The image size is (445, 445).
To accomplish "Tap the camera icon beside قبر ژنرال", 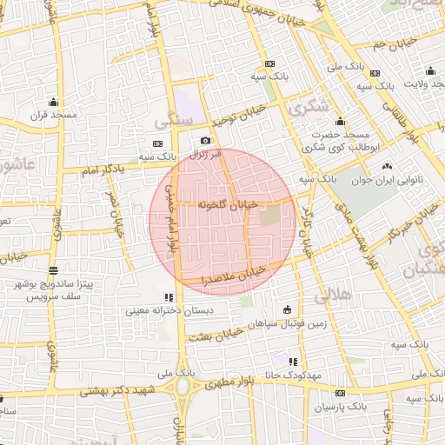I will coord(205,141).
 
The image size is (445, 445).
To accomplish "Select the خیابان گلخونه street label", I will coord(229,203).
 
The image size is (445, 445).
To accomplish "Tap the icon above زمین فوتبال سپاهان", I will coord(288,309).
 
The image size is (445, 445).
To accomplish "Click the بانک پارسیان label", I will coord(335,407).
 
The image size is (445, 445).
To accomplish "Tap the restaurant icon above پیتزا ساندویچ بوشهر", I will coord(54,270).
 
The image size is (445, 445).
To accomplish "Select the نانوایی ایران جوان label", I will coord(387,180).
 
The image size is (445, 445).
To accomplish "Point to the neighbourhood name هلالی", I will coord(335,296).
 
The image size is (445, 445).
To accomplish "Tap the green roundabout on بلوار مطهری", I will coord(183,387).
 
